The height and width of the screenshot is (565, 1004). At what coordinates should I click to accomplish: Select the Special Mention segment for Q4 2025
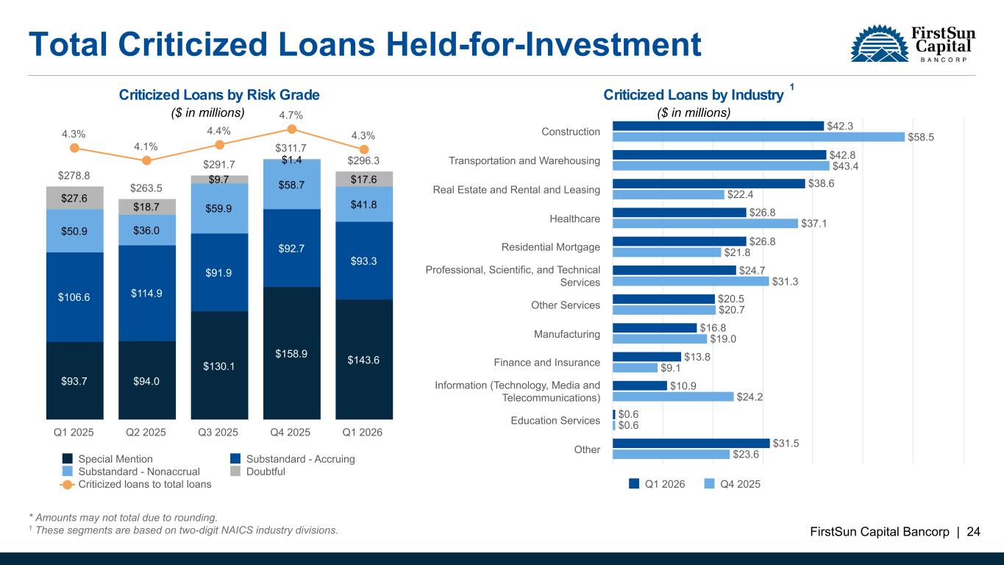tap(291, 352)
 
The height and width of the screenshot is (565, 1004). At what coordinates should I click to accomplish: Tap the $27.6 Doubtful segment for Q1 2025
tap(74, 198)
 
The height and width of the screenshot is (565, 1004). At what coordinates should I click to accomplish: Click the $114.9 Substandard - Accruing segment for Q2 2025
tap(146, 293)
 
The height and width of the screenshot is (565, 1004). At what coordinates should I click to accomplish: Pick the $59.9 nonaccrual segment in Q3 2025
tap(219, 208)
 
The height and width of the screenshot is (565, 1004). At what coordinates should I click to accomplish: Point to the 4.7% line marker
tap(291, 129)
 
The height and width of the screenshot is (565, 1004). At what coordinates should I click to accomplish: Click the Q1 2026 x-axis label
tap(363, 432)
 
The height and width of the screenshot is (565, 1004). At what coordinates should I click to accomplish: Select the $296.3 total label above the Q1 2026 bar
tap(363, 160)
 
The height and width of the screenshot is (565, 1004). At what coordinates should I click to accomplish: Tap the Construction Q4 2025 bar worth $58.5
tap(758, 137)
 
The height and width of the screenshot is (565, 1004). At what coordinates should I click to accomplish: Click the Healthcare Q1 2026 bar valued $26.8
tap(679, 213)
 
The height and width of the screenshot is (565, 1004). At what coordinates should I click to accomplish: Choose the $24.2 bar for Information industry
tap(672, 397)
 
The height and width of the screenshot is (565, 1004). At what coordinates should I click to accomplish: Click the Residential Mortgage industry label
tap(550, 247)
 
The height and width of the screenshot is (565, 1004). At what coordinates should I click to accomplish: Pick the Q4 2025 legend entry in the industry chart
tap(732, 483)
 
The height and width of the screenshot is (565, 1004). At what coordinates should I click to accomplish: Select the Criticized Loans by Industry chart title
tap(693, 95)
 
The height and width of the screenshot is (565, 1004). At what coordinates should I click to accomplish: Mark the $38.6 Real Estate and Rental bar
tap(708, 184)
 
